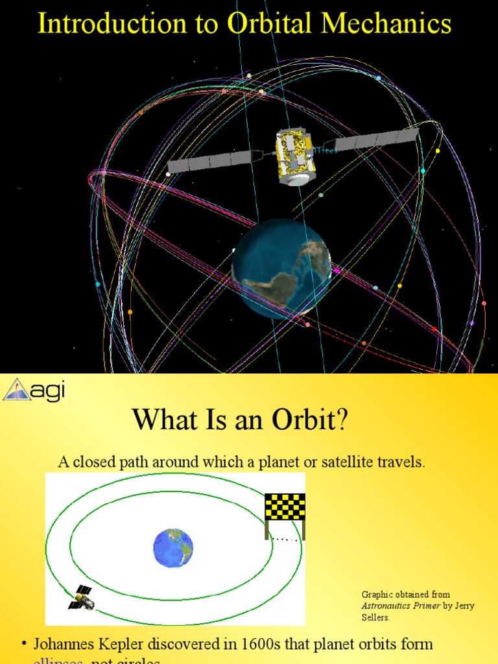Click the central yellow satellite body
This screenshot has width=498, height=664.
pyautogui.click(x=295, y=156)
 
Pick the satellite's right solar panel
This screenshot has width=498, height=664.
pyautogui.click(x=376, y=139)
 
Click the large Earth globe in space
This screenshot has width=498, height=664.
pyautogui.click(x=281, y=268)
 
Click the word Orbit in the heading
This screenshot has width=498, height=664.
pyautogui.click(x=309, y=420)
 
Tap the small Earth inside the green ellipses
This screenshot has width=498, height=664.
pyautogui.click(x=173, y=548)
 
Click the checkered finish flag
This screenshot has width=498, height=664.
pyautogui.click(x=285, y=506)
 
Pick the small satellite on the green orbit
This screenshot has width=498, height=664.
pyautogui.click(x=82, y=597)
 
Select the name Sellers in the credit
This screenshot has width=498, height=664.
pyautogui.click(x=375, y=617)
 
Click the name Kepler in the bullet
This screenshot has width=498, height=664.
pyautogui.click(x=136, y=645)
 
